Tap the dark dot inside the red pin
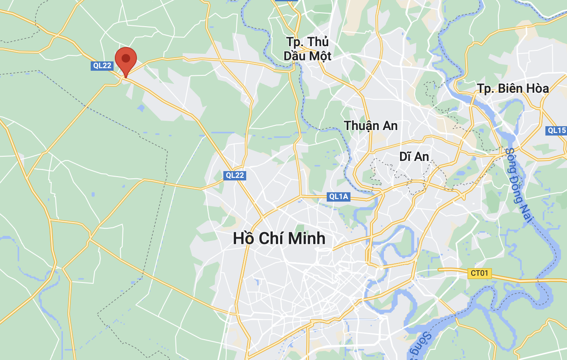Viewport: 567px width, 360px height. (126, 58)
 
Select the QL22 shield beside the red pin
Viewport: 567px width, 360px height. (102, 66)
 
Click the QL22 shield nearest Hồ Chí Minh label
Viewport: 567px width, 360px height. (234, 175)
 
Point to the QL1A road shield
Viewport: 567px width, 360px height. (339, 197)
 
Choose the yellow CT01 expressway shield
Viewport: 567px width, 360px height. (479, 273)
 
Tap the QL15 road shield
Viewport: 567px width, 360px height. (556, 130)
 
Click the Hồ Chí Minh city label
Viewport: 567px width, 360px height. (279, 238)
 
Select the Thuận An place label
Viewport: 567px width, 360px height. (371, 126)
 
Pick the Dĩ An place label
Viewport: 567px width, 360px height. (414, 157)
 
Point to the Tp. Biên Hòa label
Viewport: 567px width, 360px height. (513, 89)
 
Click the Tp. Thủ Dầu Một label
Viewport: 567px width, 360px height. (307, 49)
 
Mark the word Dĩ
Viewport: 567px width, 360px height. (405, 157)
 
